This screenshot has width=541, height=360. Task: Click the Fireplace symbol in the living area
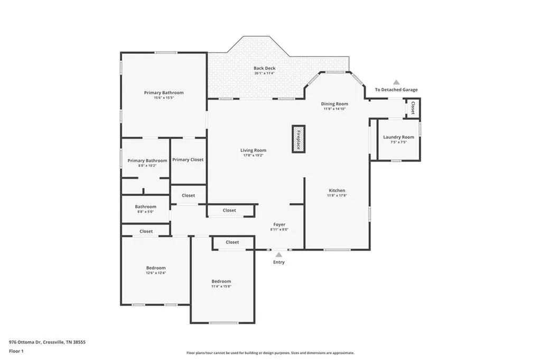pos(299,139)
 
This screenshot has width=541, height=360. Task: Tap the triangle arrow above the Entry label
pos(278,254)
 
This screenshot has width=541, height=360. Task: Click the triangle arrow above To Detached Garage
pos(396,82)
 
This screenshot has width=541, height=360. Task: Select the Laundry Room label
pos(398,137)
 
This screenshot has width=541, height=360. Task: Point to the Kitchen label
pos(337,191)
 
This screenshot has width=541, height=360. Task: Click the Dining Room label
pos(335,104)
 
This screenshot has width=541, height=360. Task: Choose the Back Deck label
pos(264,68)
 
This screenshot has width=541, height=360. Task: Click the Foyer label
pos(279,224)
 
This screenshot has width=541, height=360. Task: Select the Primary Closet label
pos(188,159)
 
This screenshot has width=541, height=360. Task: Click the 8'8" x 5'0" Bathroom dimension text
pos(145,212)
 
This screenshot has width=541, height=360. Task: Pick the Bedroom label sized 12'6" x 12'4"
pos(156,268)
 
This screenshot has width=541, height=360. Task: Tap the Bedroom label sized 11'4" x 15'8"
pos(221,281)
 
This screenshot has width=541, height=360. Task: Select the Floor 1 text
pos(17,351)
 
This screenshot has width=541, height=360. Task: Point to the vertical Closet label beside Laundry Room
pos(413,108)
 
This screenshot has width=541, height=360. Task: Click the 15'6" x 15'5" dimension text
pos(164,98)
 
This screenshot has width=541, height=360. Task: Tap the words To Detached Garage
pos(396,90)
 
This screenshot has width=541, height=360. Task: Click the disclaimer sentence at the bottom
pos(270,353)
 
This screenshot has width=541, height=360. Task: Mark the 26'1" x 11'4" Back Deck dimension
pos(264,73)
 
